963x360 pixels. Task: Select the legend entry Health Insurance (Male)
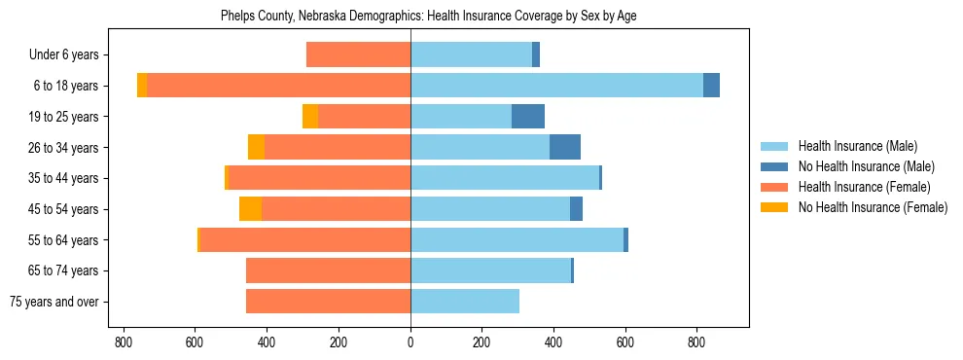coord(857,146)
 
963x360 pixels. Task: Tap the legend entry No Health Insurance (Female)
coord(873,207)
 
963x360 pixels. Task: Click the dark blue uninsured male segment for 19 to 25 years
coord(528,117)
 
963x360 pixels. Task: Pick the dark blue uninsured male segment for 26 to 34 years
coord(565,147)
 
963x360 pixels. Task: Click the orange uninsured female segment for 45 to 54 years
coord(250,209)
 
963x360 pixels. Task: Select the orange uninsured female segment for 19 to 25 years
coord(310,117)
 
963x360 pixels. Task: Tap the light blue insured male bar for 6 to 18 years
coord(556,86)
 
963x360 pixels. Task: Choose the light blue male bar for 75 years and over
coord(465,302)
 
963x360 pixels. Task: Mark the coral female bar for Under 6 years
coord(358,54)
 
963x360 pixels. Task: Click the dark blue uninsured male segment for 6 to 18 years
coord(711,86)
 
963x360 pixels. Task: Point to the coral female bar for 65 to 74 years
coord(328,270)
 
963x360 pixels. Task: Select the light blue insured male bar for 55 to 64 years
coord(517,239)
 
